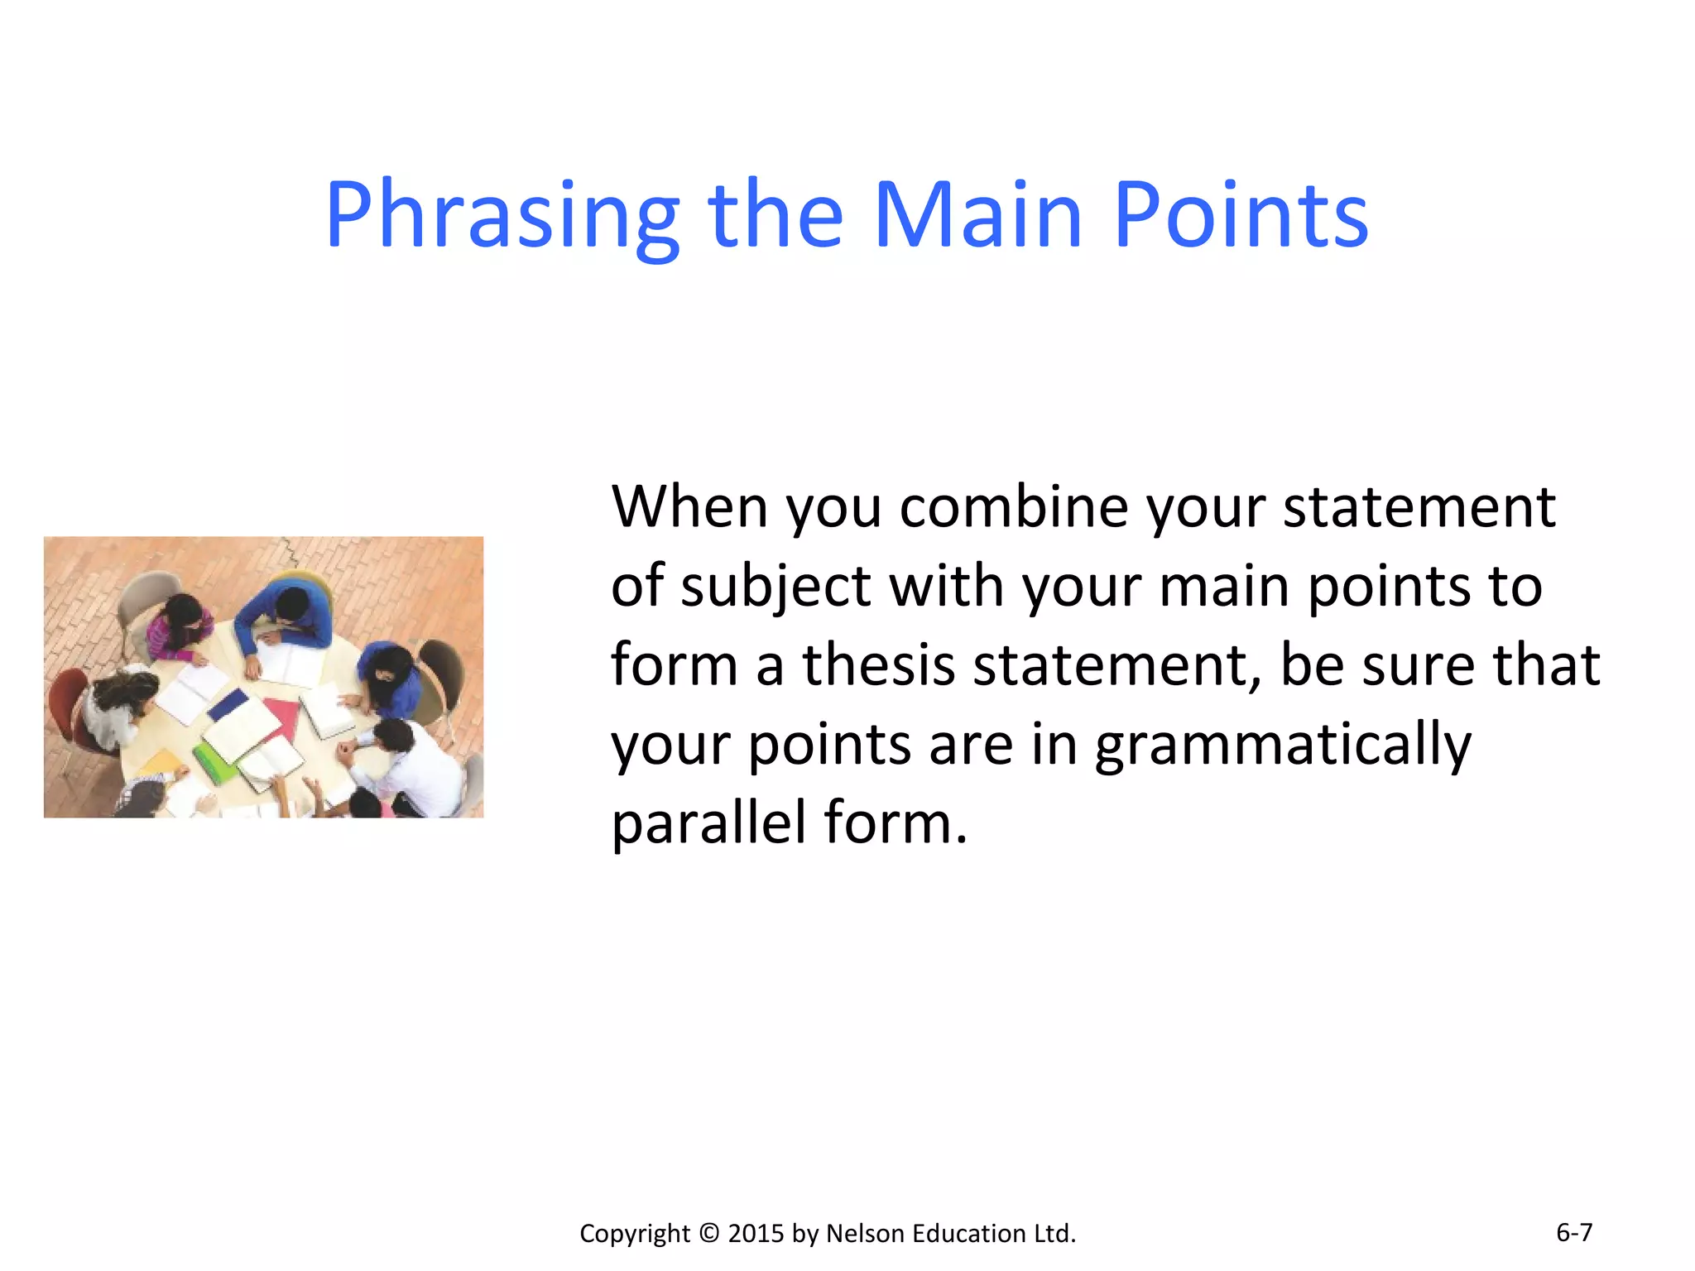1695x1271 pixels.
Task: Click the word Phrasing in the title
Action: [502, 217]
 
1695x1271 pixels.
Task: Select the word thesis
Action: [878, 664]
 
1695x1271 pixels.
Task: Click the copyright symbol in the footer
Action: [709, 1233]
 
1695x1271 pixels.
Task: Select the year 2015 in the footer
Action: [756, 1233]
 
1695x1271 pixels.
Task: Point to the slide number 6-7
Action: [1573, 1232]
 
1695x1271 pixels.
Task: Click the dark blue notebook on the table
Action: [227, 706]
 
